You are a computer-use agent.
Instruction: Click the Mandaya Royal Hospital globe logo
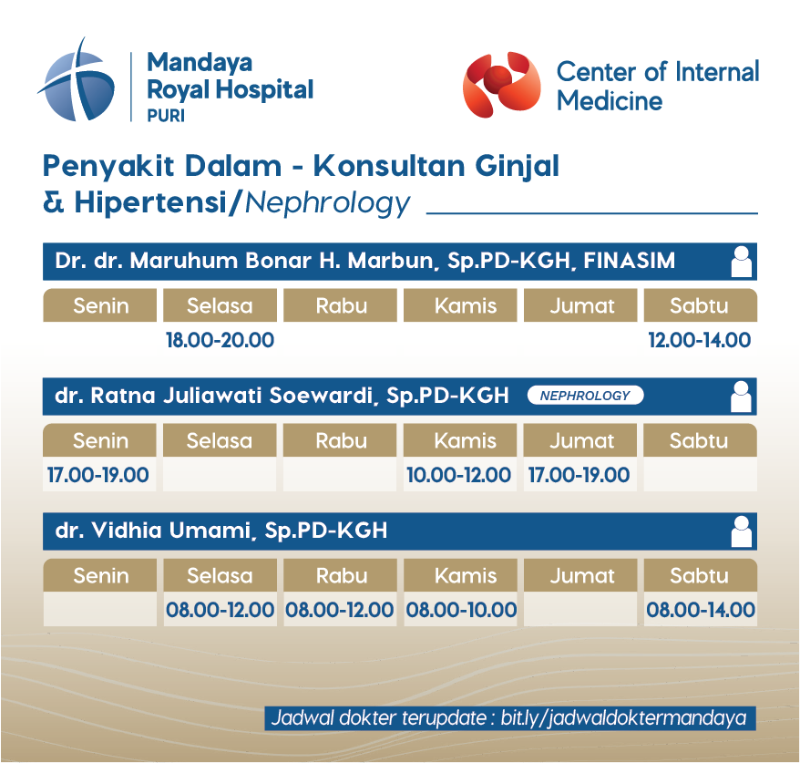point(77,82)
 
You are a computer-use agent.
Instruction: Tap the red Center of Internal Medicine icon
point(501,84)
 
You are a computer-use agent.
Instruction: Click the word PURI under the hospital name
point(166,116)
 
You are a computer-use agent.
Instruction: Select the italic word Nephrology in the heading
point(327,203)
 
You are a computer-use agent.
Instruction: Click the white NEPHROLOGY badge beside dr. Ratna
point(585,396)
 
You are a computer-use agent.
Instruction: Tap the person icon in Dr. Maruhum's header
point(741,262)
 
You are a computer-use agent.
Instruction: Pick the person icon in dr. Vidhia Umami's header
point(741,531)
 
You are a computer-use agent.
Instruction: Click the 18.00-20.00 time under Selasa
point(220,340)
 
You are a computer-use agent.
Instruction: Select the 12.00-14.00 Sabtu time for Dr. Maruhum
point(700,340)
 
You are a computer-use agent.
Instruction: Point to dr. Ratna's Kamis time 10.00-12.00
point(458,475)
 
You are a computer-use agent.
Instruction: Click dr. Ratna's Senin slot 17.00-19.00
point(98,475)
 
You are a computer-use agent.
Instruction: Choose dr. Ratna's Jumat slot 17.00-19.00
point(579,475)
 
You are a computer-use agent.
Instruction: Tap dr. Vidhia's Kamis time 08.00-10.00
point(461,610)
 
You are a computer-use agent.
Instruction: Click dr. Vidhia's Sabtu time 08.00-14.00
point(701,610)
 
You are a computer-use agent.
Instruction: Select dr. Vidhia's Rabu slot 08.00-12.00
point(340,610)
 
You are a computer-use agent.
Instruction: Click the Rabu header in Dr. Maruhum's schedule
point(340,305)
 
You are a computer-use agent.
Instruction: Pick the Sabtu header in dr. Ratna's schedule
point(700,440)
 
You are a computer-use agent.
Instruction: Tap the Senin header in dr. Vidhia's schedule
point(100,575)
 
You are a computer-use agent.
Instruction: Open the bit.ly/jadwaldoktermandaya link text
point(623,718)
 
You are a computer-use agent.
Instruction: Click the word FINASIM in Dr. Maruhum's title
point(629,261)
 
